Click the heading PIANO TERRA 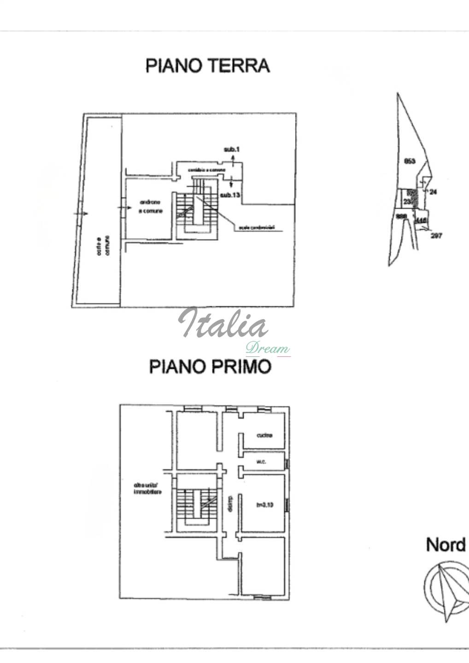[x=207, y=66]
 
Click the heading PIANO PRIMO [x=210, y=367]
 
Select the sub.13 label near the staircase [x=230, y=195]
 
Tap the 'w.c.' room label [x=261, y=461]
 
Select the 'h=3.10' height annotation [x=265, y=505]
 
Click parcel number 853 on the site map [x=410, y=161]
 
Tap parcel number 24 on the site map [x=433, y=192]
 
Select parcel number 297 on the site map [x=436, y=236]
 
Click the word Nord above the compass [x=446, y=545]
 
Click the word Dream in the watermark [x=267, y=349]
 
